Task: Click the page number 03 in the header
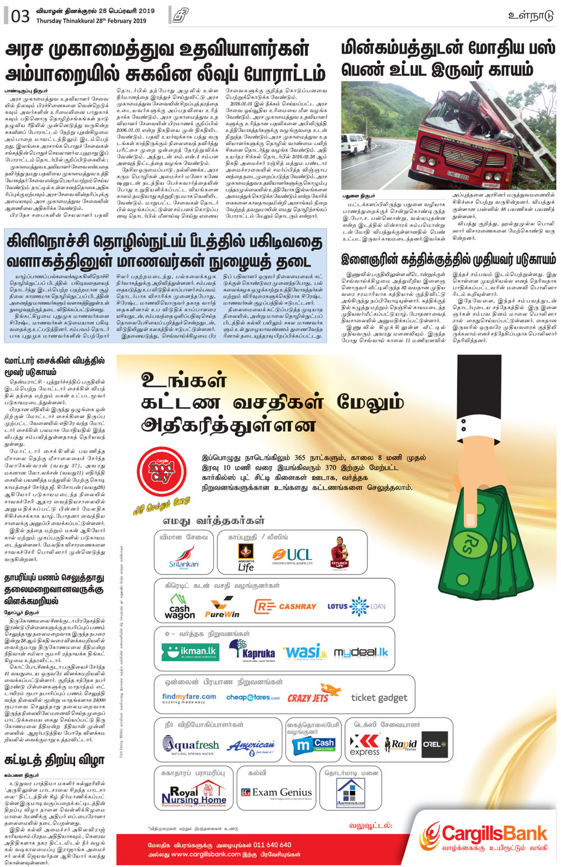20,16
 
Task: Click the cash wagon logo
180,607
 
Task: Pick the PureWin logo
222,608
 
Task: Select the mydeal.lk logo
361,652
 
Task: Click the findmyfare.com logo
188,698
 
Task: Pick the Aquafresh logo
190,746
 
